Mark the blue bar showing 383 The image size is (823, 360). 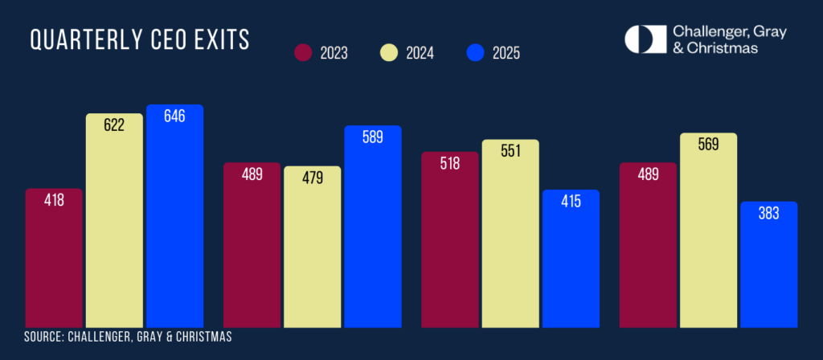(x=768, y=265)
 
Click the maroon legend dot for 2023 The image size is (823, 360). (x=302, y=54)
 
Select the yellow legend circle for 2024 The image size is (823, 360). (x=390, y=54)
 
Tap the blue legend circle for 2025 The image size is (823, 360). (x=477, y=54)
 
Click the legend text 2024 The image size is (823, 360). (x=420, y=55)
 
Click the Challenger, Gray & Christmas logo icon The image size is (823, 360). (x=645, y=39)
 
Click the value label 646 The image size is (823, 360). (x=174, y=116)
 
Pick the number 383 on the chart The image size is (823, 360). (x=768, y=213)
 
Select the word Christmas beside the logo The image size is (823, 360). (x=727, y=48)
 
